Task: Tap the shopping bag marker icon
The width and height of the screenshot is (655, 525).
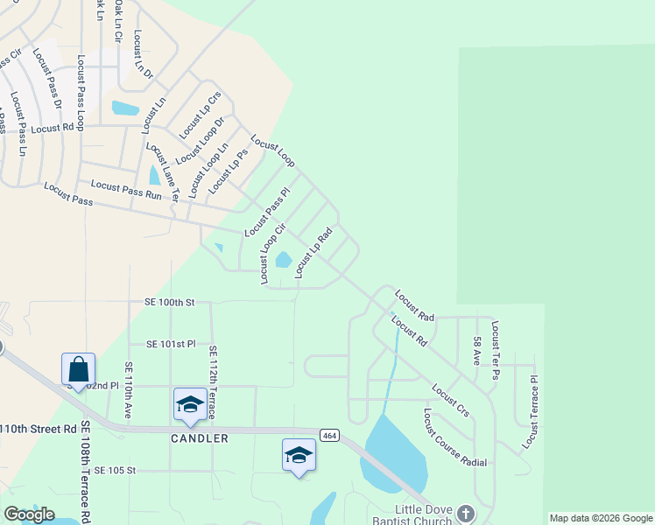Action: coord(78,369)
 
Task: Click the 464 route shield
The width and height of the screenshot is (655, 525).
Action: coord(329,435)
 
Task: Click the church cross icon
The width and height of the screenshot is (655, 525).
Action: coord(465,514)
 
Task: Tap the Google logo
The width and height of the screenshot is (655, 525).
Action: coord(29,514)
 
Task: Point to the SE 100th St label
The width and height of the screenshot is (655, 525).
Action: coord(169,302)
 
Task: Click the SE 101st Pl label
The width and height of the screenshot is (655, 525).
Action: coord(171,344)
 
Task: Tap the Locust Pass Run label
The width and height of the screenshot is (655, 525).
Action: coord(125,186)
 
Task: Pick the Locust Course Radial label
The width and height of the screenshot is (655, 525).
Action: coord(454,437)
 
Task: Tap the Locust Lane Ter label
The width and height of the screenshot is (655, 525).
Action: coord(162,172)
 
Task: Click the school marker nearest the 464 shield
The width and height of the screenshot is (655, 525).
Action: coord(299,455)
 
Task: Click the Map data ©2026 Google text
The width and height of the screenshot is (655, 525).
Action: coord(601,518)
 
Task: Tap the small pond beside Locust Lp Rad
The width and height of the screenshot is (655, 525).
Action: coord(284,260)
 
